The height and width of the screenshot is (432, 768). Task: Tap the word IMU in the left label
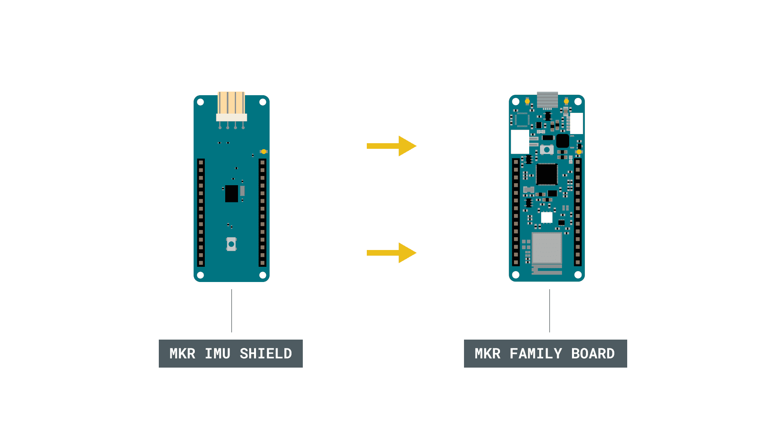pos(217,354)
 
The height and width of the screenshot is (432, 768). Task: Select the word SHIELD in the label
pos(266,354)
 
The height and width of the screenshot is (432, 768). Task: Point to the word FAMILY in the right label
pos(536,354)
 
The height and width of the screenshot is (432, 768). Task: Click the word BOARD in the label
pos(593,354)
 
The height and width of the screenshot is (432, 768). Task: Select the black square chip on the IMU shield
pos(231,194)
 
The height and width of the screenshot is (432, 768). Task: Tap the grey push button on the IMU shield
pos(231,244)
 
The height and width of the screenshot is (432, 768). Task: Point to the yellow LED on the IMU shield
pos(264,152)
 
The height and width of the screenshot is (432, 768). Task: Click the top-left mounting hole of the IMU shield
pos(200,102)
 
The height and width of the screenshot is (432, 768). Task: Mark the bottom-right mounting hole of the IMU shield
pos(263,275)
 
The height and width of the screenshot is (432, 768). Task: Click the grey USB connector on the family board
pos(547,100)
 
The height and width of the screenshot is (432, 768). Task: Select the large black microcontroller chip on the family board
pos(547,174)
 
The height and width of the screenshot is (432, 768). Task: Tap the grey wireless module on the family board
pos(547,248)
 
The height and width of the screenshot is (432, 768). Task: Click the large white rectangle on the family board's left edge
pos(520,142)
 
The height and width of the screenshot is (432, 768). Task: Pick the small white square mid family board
pos(547,218)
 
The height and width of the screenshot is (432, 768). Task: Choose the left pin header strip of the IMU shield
pos(201,212)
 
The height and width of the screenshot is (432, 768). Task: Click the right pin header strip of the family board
pos(578,212)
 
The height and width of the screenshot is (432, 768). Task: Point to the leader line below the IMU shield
pos(232,311)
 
